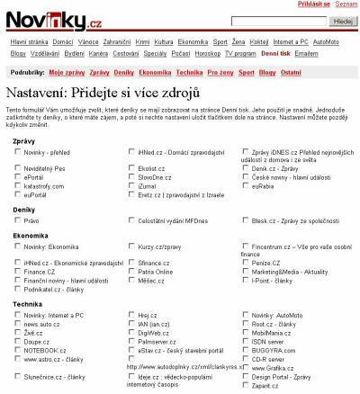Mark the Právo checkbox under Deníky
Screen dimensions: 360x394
18,219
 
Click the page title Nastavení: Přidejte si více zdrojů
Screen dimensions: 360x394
117,93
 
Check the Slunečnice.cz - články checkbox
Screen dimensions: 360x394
18,376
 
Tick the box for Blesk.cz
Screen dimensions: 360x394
246,219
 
